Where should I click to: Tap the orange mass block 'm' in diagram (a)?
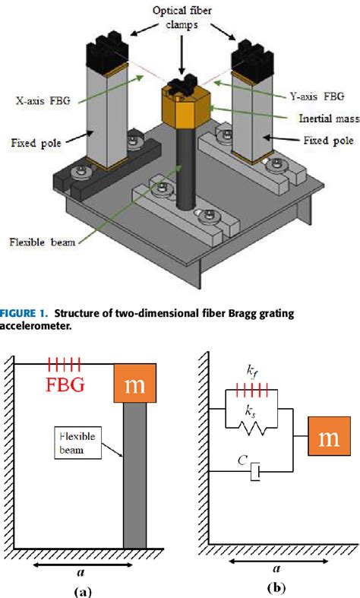135,384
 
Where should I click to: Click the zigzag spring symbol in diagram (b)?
253,429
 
